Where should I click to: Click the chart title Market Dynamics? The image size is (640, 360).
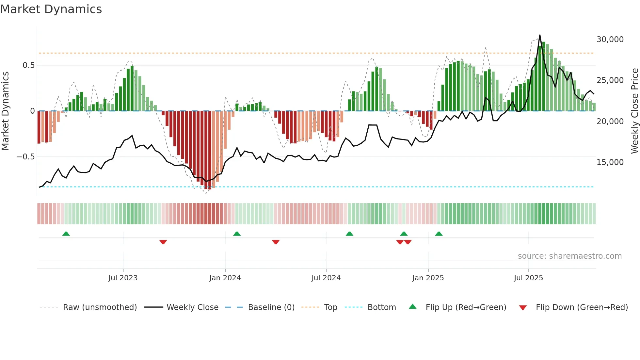coord(51,9)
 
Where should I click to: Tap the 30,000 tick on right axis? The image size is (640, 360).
coord(610,40)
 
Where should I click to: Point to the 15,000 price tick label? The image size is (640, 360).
coord(610,162)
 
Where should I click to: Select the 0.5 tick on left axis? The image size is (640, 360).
coord(28,65)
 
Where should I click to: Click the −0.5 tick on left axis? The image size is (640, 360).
coord(26,157)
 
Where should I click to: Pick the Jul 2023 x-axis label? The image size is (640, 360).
coord(123,278)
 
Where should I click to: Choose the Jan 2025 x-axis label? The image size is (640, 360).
coord(428,278)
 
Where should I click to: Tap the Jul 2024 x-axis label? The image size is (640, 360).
coord(326,278)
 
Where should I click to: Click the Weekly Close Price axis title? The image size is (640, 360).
coord(634,111)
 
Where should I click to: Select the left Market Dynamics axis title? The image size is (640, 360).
coord(5,111)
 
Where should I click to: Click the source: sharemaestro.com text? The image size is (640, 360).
coord(569,256)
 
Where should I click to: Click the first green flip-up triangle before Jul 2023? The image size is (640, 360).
coord(66,234)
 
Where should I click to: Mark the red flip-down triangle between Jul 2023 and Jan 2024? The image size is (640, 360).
coord(163,242)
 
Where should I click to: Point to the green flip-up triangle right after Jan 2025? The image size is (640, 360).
coord(439,234)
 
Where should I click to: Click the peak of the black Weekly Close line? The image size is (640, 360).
coord(540,35)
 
